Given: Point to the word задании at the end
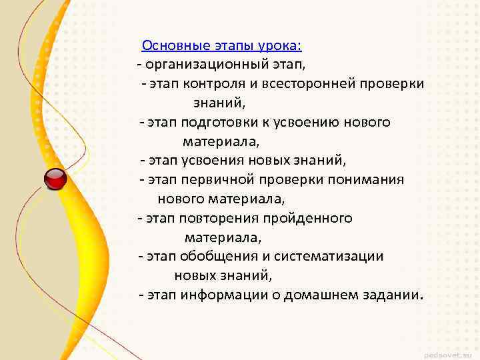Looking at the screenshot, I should [x=392, y=295].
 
